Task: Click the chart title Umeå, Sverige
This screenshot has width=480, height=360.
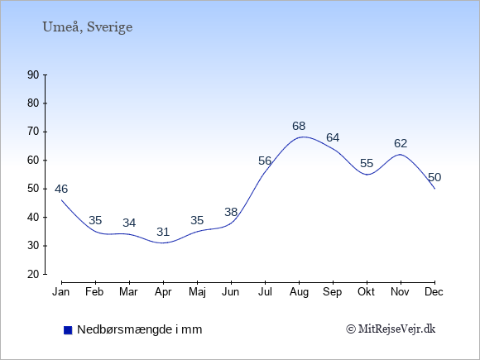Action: (88, 27)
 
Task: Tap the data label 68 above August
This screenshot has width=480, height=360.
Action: (299, 126)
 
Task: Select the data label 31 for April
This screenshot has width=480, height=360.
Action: (163, 232)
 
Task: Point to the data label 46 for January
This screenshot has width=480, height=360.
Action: (61, 189)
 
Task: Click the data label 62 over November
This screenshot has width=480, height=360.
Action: (401, 143)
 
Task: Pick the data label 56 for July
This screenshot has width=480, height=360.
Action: (265, 161)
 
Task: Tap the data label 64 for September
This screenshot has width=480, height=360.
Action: (333, 137)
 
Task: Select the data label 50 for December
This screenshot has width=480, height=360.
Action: (434, 177)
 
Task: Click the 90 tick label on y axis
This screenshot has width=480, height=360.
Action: (33, 74)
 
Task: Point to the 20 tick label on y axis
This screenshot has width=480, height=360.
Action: (33, 274)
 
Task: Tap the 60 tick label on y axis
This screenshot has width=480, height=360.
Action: (33, 160)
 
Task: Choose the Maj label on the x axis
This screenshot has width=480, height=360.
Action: (197, 292)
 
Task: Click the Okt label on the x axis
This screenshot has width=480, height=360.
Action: (366, 292)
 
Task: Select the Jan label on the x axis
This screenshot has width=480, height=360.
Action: (61, 292)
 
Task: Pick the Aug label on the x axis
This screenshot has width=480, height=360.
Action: (299, 292)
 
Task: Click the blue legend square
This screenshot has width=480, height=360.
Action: (68, 330)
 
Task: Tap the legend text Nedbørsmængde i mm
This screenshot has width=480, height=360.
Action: (140, 329)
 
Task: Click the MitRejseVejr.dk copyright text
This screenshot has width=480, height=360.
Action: (391, 329)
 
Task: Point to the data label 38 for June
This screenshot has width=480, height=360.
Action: (231, 212)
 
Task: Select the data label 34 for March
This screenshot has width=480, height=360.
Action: (129, 223)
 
